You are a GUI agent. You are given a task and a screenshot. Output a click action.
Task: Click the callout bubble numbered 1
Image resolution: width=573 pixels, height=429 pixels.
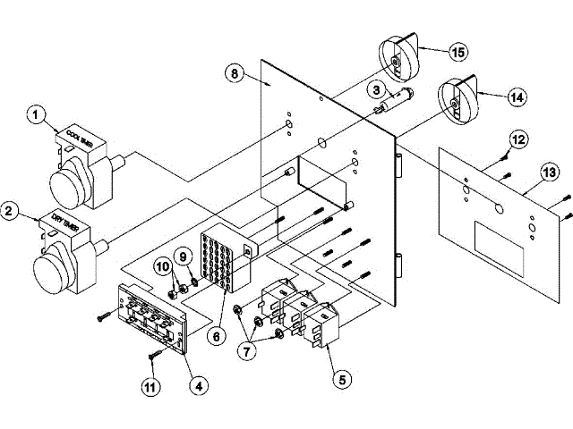click(x=37, y=114)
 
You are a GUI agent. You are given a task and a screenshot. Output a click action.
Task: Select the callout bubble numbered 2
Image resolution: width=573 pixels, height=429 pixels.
click(x=11, y=211)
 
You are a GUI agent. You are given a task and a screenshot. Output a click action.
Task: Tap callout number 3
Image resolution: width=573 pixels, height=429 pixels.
click(x=377, y=90)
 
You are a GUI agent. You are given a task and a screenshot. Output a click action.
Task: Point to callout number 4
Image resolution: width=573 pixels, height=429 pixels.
click(x=199, y=385)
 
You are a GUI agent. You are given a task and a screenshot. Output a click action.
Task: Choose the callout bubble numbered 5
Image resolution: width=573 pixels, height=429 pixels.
click(x=339, y=378)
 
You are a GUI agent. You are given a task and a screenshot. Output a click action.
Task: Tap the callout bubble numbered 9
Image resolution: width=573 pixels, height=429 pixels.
click(x=183, y=257)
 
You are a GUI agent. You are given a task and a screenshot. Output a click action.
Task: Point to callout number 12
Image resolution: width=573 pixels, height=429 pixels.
click(x=519, y=139)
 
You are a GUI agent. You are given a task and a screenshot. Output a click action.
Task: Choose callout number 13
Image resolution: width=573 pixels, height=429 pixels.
click(x=548, y=172)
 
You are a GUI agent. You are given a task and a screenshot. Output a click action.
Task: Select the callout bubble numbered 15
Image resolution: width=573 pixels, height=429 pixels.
click(x=458, y=53)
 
